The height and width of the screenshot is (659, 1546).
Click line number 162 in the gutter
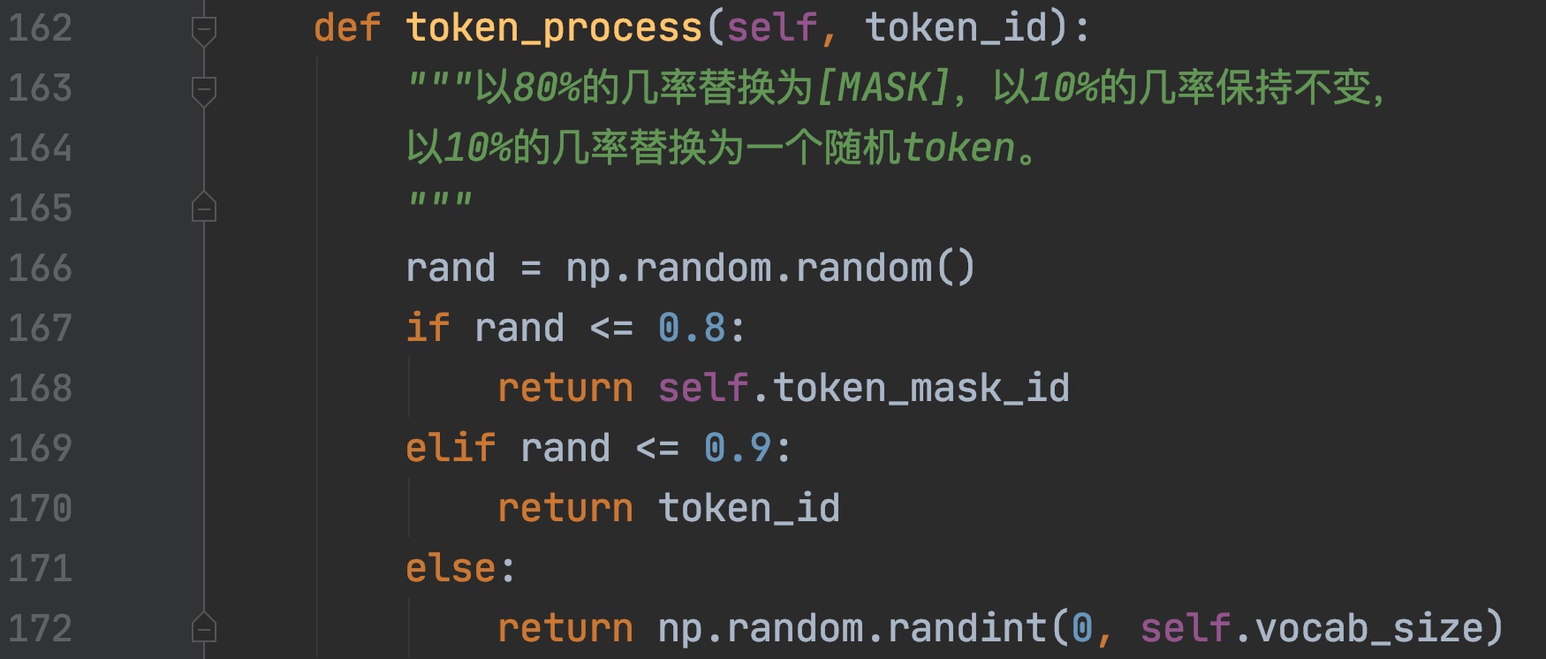[x=40, y=28]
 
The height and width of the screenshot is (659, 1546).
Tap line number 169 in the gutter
[x=40, y=449]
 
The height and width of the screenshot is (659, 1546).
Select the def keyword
[x=347, y=28]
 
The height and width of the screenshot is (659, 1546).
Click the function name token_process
[x=553, y=28]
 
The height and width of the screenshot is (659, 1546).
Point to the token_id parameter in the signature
[x=955, y=28]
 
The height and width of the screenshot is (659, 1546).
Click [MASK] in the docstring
[x=883, y=87]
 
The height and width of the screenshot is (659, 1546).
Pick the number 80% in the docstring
[x=546, y=87]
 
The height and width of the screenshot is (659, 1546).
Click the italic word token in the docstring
[x=959, y=148]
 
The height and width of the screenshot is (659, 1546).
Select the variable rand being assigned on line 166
[x=451, y=269]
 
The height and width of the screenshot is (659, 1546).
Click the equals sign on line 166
[x=531, y=269]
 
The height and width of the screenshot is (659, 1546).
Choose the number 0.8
[x=692, y=329]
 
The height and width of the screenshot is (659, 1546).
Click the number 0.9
[x=738, y=449]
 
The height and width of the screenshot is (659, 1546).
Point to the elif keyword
[x=451, y=449]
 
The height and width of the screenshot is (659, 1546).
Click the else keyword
[x=451, y=569]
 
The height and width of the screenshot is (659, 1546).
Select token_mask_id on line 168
[x=921, y=389]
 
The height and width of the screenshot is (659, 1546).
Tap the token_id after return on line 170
[x=749, y=509]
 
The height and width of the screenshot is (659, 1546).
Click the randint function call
[x=967, y=629]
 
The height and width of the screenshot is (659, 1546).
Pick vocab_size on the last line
[x=1369, y=629]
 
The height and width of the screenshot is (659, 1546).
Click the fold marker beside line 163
[x=204, y=89]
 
